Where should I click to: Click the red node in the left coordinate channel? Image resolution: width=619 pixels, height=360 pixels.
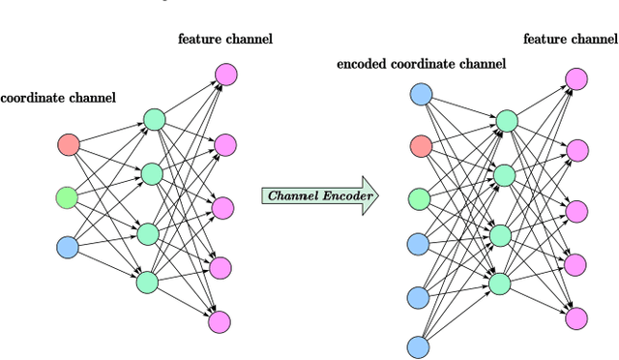[69, 145]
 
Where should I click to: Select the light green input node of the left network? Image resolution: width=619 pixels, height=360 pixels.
[67, 197]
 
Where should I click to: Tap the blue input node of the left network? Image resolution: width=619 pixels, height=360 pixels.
[68, 248]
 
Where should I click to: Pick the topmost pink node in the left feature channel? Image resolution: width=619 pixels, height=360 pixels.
[225, 74]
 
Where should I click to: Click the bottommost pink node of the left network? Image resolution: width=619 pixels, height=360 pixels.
[220, 322]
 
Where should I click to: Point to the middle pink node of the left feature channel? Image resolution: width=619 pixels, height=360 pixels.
[223, 207]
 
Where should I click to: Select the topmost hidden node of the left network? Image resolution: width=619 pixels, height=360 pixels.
[155, 120]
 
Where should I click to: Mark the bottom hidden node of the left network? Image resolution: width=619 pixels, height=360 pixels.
[147, 282]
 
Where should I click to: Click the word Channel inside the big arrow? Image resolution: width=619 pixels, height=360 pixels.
[292, 195]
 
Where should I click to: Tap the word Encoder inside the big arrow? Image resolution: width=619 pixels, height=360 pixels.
[343, 195]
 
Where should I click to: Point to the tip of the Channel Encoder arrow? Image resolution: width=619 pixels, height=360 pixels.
[377, 195]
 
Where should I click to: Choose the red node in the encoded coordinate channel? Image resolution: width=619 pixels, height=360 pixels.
[420, 146]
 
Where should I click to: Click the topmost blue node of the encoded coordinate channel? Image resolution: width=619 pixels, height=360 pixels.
[421, 94]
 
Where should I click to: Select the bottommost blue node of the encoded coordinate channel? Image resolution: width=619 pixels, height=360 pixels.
[418, 345]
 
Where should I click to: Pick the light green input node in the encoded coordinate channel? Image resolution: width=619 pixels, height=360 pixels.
[420, 198]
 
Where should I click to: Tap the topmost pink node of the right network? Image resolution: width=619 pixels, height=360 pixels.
[577, 78]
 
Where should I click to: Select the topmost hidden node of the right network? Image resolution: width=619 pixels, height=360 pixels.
[506, 121]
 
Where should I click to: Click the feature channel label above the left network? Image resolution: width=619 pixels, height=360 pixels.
[224, 39]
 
